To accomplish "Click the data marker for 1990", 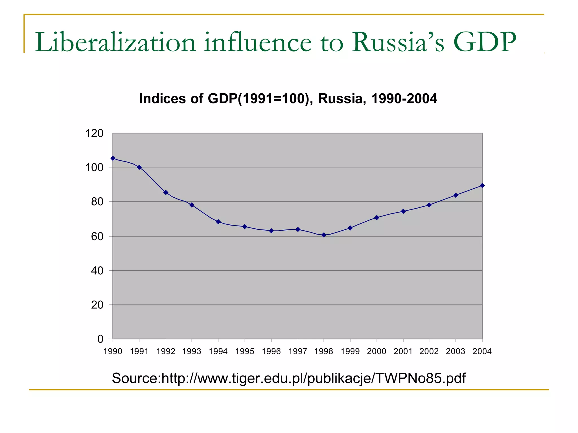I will click(x=113, y=158).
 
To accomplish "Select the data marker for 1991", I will click(x=139, y=167).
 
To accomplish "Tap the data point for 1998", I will click(x=324, y=235).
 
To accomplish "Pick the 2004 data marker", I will click(x=482, y=185).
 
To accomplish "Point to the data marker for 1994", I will click(x=218, y=222).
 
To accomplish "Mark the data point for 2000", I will click(x=376, y=217).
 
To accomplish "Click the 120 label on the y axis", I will click(x=94, y=133).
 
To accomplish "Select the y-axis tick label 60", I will click(x=97, y=237).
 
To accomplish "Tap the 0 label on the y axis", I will click(x=100, y=339).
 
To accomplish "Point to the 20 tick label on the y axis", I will click(x=97, y=305).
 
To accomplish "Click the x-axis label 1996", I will click(x=271, y=351).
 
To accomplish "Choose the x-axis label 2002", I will click(x=429, y=351).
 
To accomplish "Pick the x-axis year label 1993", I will click(x=192, y=351).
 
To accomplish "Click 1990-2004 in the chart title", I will click(x=404, y=99).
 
